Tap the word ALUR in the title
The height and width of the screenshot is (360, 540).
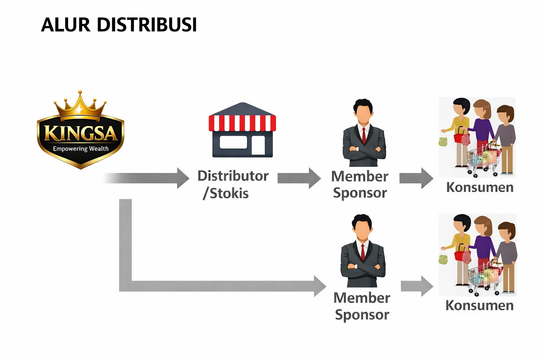tap(65, 25)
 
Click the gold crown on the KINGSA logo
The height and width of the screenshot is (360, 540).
tap(80, 105)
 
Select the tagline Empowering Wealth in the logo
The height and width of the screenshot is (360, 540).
tap(81, 149)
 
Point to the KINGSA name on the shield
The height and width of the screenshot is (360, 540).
tap(81, 134)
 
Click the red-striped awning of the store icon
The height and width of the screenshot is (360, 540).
tap(242, 123)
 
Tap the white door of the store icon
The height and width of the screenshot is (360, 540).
tap(258, 145)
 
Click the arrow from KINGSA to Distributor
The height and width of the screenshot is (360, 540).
tap(148, 178)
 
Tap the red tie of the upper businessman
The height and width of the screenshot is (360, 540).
tap(364, 135)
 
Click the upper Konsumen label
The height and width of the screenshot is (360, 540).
tap(480, 187)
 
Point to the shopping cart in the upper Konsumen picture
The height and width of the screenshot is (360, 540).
tap(483, 158)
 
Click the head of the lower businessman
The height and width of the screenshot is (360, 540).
tap(362, 227)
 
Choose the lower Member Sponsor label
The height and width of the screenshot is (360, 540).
tap(362, 306)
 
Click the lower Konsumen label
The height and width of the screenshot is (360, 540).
tap(479, 305)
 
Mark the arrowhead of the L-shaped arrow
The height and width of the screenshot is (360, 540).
tap(319, 286)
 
